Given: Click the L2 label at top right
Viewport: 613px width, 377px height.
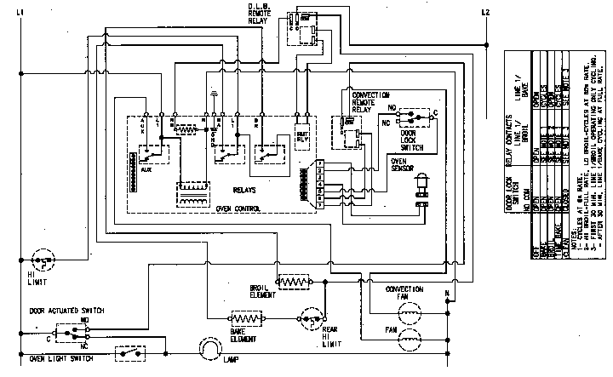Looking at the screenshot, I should point(485,11).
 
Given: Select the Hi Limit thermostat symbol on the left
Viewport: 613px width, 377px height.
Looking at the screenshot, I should point(40,259).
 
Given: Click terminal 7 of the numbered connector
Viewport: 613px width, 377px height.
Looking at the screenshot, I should point(318,163).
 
